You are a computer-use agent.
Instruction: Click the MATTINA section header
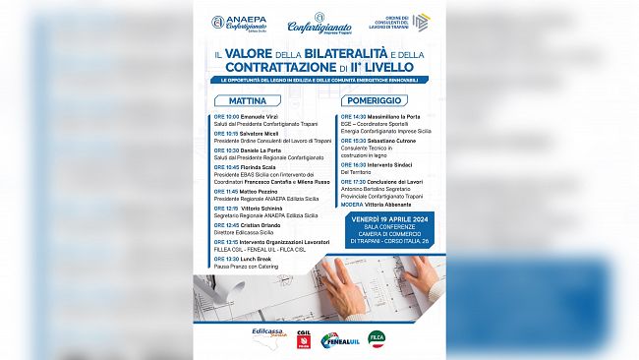click(249, 100)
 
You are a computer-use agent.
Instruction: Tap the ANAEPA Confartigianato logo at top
click(238, 23)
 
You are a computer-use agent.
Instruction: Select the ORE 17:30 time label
click(353, 181)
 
